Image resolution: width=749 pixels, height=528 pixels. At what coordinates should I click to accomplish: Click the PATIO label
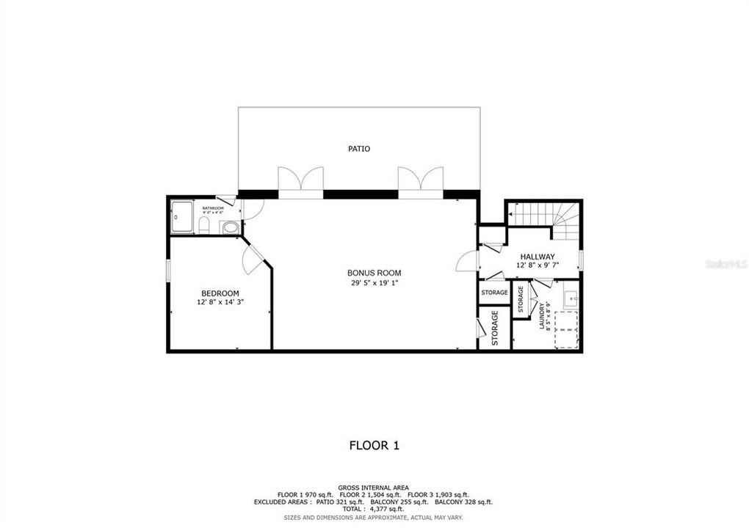(359, 149)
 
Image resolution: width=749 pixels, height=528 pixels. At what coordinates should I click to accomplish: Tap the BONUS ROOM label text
(374, 273)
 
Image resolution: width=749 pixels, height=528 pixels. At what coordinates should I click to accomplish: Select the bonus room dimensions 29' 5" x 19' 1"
(374, 282)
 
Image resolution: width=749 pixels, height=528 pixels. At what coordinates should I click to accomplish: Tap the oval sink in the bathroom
(229, 227)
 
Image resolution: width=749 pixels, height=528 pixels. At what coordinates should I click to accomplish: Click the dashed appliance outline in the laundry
(565, 329)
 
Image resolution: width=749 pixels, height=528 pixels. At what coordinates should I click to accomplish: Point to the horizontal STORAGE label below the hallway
(494, 293)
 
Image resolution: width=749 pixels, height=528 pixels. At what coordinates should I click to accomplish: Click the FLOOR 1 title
(374, 444)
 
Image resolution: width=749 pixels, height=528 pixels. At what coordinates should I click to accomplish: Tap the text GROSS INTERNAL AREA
(374, 488)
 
